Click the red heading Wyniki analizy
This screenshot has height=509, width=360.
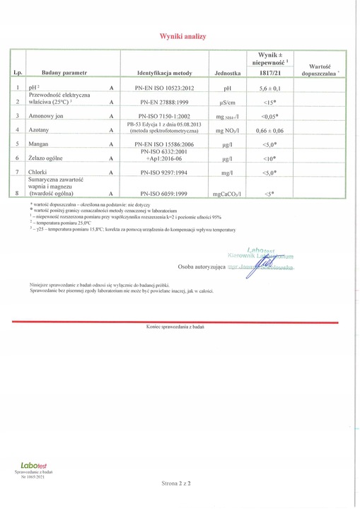coord(182,36)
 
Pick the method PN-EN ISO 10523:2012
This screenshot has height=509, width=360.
coord(165,88)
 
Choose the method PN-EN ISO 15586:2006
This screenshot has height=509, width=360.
coord(165,144)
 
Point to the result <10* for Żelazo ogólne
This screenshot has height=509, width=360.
coord(269,159)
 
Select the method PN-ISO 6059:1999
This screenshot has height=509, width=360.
coord(165,192)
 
